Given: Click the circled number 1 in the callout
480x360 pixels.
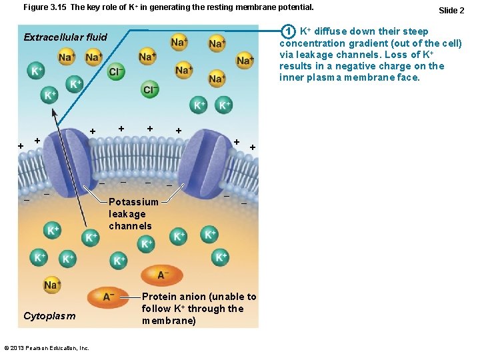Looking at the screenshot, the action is pyautogui.click(x=288, y=31).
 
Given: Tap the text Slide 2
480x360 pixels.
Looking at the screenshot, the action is pyautogui.click(x=451, y=10).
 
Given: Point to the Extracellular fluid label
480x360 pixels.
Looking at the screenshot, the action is pyautogui.click(x=65, y=37).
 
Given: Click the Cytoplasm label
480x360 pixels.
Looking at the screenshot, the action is pyautogui.click(x=49, y=316).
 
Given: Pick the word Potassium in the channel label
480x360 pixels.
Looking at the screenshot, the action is pyautogui.click(x=133, y=202).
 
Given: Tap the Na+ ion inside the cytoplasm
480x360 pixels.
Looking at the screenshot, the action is pyautogui.click(x=52, y=285).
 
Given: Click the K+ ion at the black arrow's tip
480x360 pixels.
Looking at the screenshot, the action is pyautogui.click(x=51, y=96).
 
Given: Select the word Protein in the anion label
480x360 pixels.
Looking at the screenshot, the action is pyautogui.click(x=160, y=297).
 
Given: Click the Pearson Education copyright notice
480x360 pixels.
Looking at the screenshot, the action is pyautogui.click(x=47, y=348).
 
